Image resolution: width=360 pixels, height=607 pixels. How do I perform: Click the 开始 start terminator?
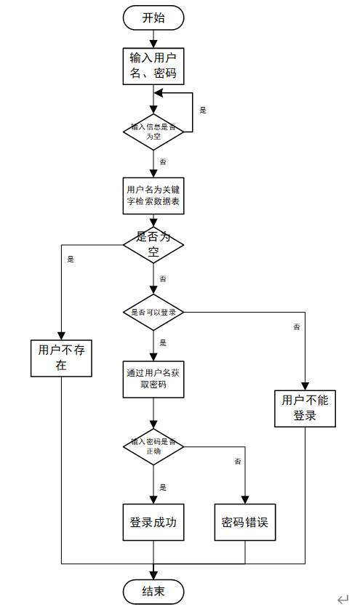[153, 17]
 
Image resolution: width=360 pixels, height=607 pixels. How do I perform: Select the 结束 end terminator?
[153, 591]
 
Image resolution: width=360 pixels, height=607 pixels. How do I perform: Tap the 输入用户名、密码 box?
[153, 65]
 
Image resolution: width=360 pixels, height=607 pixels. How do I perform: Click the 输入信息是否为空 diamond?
[153, 132]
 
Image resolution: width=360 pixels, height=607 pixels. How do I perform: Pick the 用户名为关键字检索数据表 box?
[153, 196]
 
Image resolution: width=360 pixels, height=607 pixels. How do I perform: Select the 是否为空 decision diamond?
[153, 246]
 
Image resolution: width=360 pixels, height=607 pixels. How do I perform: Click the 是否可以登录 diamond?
[153, 312]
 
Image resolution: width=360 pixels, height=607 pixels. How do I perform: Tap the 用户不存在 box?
[61, 358]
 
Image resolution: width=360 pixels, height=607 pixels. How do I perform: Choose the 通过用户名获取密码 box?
[153, 378]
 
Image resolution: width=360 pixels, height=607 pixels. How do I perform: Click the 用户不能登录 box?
[305, 408]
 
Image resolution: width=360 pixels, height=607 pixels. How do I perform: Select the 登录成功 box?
[153, 522]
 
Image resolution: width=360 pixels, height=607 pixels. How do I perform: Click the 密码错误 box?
[245, 522]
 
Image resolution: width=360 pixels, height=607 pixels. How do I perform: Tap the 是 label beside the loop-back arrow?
[203, 110]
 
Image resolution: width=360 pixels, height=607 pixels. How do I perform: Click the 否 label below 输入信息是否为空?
[162, 161]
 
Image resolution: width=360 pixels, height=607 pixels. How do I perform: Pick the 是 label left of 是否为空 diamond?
[71, 259]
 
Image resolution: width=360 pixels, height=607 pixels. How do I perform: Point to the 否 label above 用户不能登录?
[297, 328]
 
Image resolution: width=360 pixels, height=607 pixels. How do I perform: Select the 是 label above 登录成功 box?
[163, 487]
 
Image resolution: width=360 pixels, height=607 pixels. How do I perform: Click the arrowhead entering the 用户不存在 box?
[61, 334]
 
